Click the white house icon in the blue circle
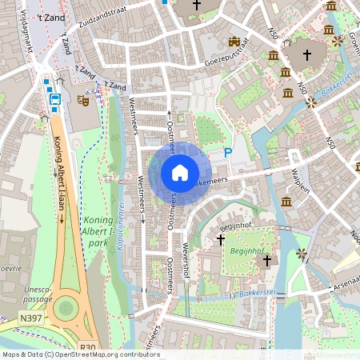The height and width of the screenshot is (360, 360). tap(180, 172)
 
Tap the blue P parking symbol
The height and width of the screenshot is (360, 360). tap(228, 153)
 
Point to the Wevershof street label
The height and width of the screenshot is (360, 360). tap(186, 258)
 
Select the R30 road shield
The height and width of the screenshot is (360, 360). tap(87, 346)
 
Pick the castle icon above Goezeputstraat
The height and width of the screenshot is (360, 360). tap(234, 41)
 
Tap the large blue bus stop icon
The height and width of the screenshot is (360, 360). tap(55, 100)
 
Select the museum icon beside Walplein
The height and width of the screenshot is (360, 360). tap(286, 201)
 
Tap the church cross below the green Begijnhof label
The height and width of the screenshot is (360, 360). tap(267, 260)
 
